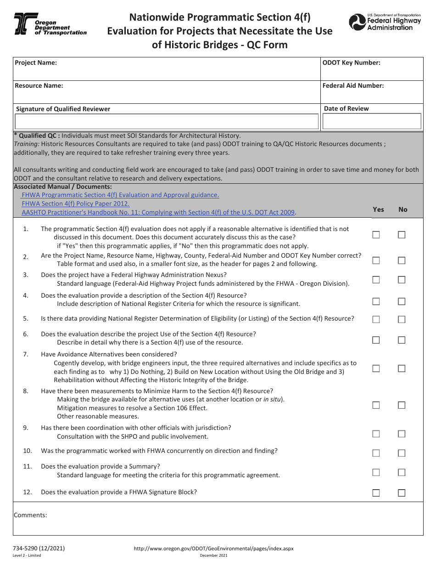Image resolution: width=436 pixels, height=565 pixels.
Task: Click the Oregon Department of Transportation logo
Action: [x=50, y=24]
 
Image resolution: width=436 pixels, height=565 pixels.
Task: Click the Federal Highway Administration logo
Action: [x=385, y=22]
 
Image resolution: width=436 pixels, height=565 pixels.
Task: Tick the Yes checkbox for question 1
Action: [x=376, y=235]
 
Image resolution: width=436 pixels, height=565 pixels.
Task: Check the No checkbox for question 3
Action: [x=402, y=280]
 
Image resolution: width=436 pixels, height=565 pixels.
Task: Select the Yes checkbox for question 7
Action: [x=376, y=368]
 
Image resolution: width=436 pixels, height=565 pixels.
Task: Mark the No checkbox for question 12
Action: [x=402, y=493]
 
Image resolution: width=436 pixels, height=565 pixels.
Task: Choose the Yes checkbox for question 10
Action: [x=376, y=453]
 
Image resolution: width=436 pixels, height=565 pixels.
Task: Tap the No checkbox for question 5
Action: [x=402, y=319]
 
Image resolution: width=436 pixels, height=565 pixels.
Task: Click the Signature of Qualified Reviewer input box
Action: [x=167, y=121]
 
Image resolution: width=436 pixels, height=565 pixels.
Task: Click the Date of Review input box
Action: [x=372, y=121]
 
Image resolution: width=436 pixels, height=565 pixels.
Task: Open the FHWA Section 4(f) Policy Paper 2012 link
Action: [x=76, y=203]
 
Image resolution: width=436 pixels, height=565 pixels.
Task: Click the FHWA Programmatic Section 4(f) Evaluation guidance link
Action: [x=121, y=195]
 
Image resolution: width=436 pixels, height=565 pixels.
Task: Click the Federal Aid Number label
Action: [x=353, y=85]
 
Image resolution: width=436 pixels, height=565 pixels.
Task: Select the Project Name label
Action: [x=36, y=63]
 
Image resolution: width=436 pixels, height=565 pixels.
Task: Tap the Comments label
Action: [x=30, y=515]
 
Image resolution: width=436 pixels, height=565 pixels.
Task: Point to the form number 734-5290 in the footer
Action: [x=39, y=548]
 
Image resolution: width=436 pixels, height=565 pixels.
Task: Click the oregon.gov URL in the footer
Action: [x=213, y=548]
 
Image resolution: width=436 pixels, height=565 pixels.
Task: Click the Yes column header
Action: [x=378, y=209]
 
